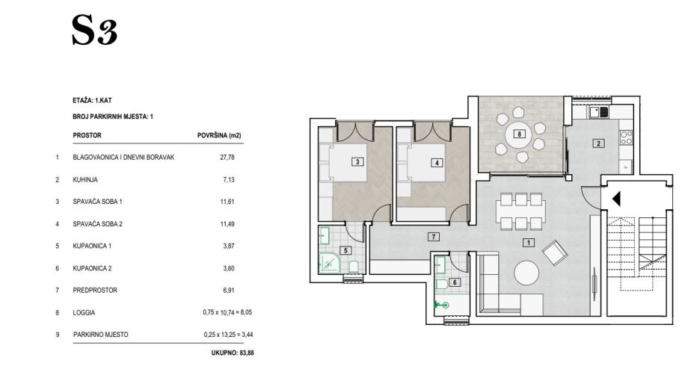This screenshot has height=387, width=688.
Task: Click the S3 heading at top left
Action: (94, 30)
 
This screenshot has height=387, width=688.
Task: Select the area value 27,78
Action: (227, 157)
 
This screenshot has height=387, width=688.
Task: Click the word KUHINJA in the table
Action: (85, 180)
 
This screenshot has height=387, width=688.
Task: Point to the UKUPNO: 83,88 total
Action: (233, 353)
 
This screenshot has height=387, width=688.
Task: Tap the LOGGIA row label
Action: (84, 312)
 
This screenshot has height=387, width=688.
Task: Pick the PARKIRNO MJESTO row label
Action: (101, 335)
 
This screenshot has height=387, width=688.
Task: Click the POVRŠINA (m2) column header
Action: (219, 135)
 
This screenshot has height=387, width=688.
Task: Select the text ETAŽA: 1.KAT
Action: (92, 100)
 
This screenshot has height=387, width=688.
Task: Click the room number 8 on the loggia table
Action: (520, 134)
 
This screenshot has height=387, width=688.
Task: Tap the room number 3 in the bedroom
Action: (357, 162)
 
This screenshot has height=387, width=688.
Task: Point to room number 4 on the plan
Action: (437, 163)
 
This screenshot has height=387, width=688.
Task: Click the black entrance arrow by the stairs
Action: (616, 199)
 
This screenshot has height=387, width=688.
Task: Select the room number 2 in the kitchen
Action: (598, 143)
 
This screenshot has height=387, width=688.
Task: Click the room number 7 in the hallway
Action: (434, 237)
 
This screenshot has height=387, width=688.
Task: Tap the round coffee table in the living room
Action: (526, 273)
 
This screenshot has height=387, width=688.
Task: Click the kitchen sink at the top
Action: (599, 112)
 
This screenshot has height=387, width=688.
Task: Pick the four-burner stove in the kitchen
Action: (627, 137)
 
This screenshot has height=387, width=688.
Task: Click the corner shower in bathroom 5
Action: (329, 262)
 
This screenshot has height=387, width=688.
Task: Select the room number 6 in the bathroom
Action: (455, 282)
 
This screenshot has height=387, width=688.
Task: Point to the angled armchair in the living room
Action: (555, 253)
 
